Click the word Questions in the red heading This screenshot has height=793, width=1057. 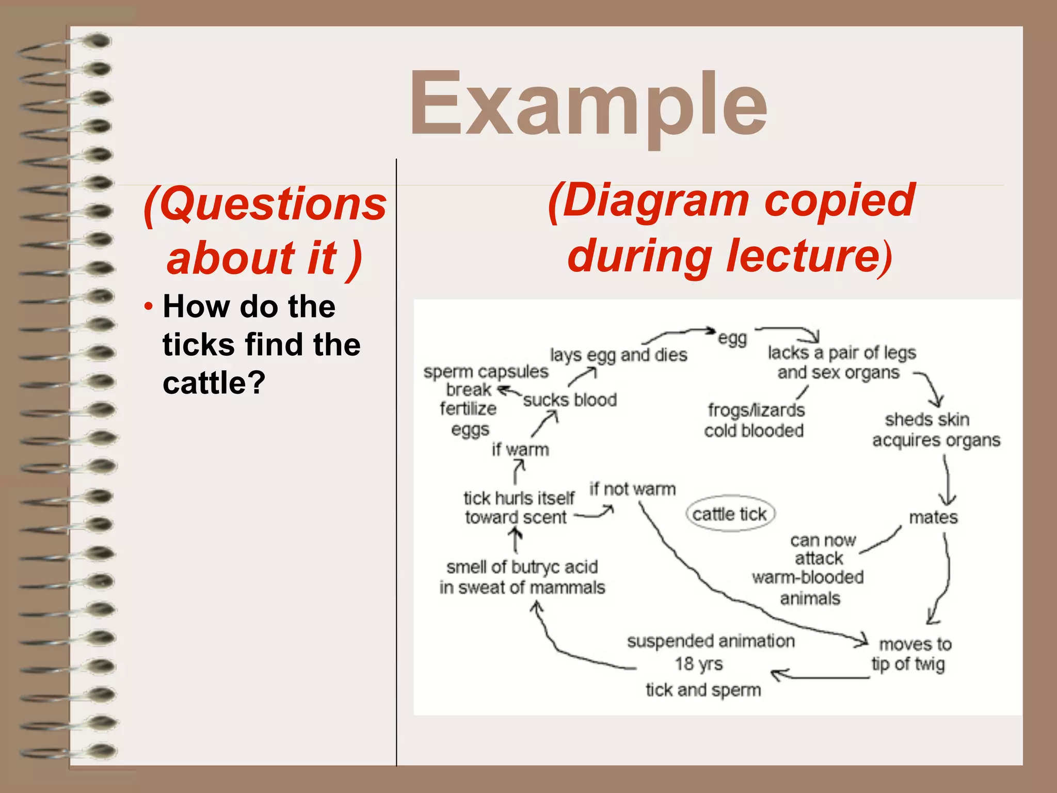click(273, 204)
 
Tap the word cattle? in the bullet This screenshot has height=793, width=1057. click(214, 383)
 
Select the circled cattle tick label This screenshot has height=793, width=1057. click(730, 514)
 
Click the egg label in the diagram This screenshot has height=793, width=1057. click(732, 339)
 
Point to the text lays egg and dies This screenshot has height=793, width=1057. click(618, 355)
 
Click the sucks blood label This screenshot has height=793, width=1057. click(570, 400)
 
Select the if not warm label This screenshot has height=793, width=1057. click(632, 488)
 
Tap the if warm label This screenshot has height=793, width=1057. click(520, 450)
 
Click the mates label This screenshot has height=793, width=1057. click(933, 517)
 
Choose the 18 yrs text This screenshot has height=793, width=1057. click(699, 664)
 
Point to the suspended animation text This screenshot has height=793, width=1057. click(711, 641)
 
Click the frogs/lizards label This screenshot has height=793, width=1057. click(756, 410)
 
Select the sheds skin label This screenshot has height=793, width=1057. click(927, 420)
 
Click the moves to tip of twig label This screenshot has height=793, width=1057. click(911, 654)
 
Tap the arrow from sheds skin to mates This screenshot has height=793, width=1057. click(947, 480)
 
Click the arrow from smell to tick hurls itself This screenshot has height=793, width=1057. click(515, 541)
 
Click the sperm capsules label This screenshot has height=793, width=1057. click(486, 372)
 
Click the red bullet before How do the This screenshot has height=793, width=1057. click(149, 307)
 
